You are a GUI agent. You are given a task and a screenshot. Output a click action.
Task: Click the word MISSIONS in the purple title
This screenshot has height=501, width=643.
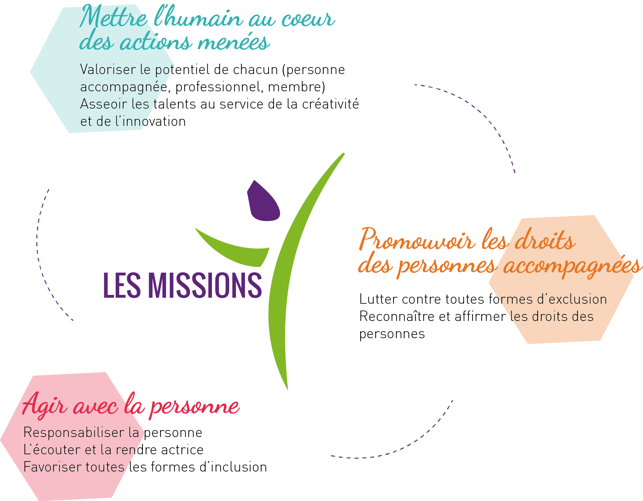coord(205,285)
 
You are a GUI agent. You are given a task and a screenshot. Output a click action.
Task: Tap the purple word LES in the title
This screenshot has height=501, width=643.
coord(122,285)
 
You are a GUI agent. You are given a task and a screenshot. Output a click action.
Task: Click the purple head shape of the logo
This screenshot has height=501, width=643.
coord(263,201)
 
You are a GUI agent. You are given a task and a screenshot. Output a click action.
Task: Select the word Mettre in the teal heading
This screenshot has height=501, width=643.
coord(114,17)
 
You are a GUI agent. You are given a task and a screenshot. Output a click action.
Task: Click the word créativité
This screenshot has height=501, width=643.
coord(330,104)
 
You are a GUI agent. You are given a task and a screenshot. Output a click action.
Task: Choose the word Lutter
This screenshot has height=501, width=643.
coord(378,299)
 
